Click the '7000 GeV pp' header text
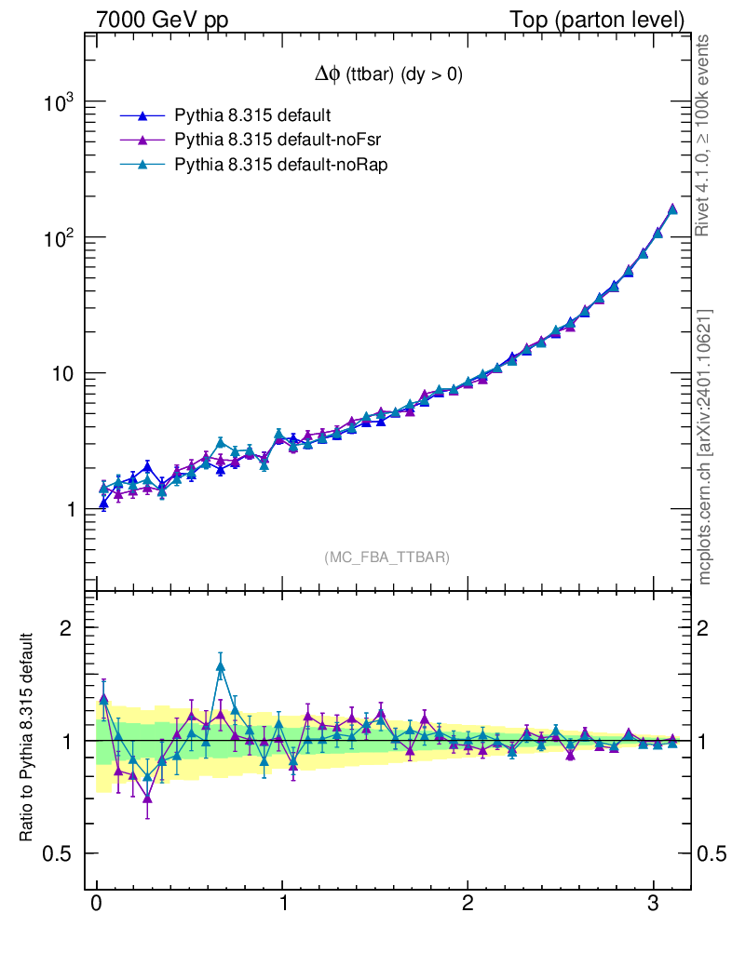(164, 19)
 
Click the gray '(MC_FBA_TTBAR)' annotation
(387, 557)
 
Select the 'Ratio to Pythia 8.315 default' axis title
(27, 740)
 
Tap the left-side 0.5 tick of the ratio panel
(57, 854)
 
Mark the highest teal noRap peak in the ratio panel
(221, 666)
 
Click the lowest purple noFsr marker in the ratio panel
(147, 799)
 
